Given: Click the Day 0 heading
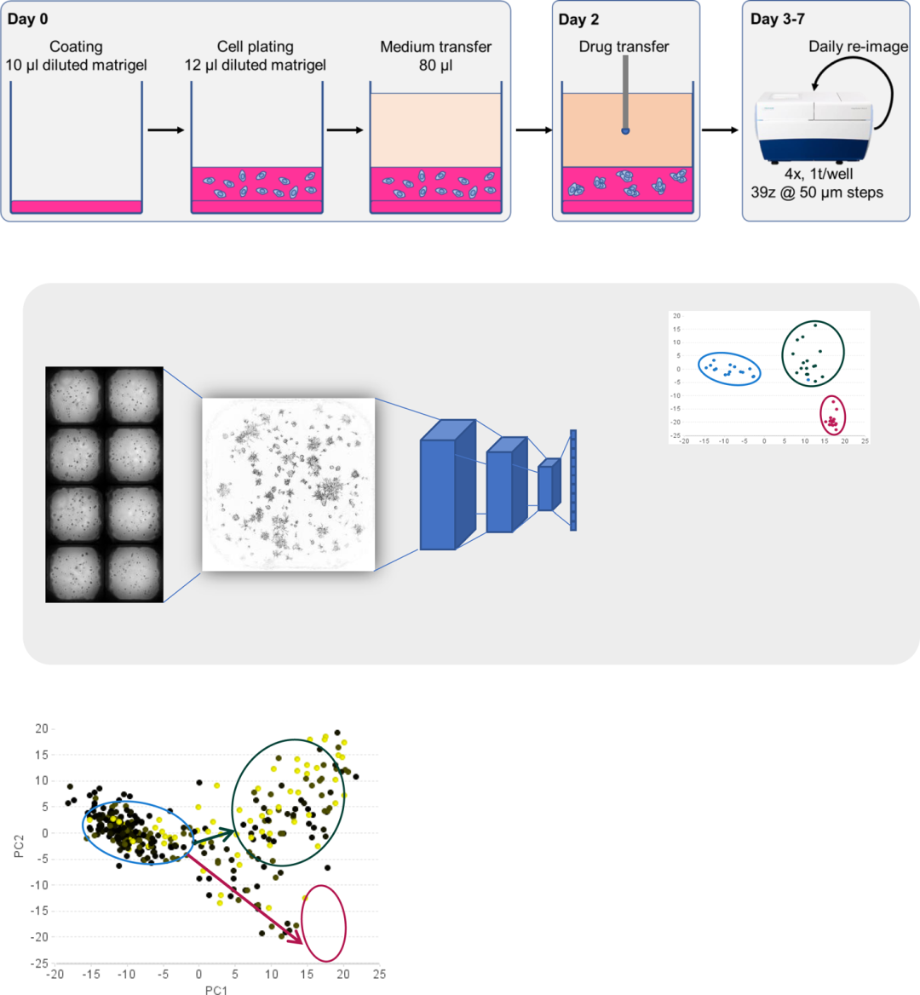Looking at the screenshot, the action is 27,19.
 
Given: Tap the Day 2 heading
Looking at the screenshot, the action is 578,20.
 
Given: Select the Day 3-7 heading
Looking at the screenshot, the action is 777,19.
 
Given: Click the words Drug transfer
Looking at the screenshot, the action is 624,46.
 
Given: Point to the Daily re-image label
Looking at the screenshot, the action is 858,46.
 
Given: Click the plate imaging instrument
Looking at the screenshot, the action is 814,127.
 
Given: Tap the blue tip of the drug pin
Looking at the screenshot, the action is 625,130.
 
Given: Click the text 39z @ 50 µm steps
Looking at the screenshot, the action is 817,193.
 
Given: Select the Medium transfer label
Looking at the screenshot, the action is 436,47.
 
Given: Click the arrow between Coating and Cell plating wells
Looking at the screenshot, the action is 165,130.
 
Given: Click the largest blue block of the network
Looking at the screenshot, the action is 447,485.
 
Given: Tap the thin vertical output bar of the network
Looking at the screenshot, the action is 573,480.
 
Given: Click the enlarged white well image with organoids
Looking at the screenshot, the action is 288,484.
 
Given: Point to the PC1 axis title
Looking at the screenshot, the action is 216,989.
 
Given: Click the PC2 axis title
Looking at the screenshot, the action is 19,846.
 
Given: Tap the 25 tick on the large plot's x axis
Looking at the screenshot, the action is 379,974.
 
